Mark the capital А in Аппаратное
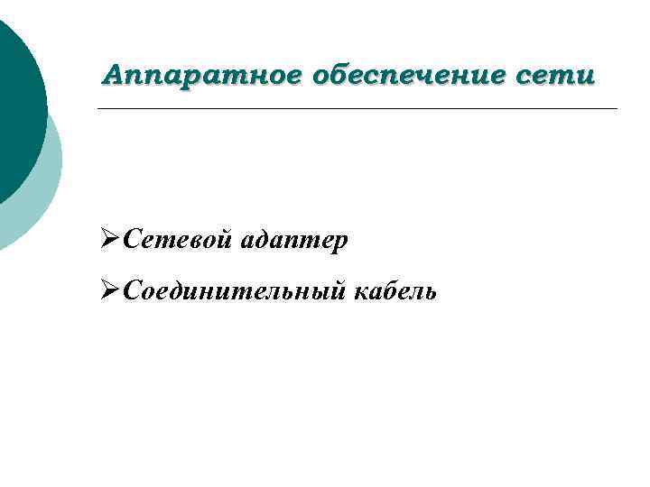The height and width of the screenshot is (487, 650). pos(112,75)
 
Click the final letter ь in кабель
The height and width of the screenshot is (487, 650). pos(431,292)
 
